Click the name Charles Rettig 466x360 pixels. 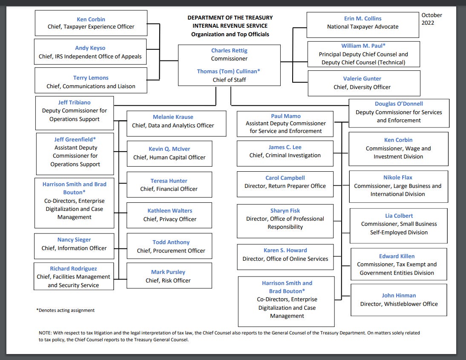click(229, 51)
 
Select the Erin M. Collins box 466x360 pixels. click(362, 23)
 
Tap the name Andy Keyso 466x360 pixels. click(90, 48)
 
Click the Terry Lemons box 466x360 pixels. click(91, 81)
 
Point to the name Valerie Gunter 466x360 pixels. click(362, 79)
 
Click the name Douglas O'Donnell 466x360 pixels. click(399, 104)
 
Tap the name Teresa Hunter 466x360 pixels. click(169, 181)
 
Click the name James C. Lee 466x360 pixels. click(285, 147)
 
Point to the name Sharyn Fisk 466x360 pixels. click(285, 211)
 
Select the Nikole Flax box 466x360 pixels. click(398, 186)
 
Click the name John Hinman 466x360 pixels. click(399, 296)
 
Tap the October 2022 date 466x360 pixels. click(431, 19)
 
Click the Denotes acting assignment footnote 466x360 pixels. click(66, 311)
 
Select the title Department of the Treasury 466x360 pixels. click(230, 18)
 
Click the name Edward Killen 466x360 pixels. click(397, 256)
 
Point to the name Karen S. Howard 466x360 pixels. click(285, 251)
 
